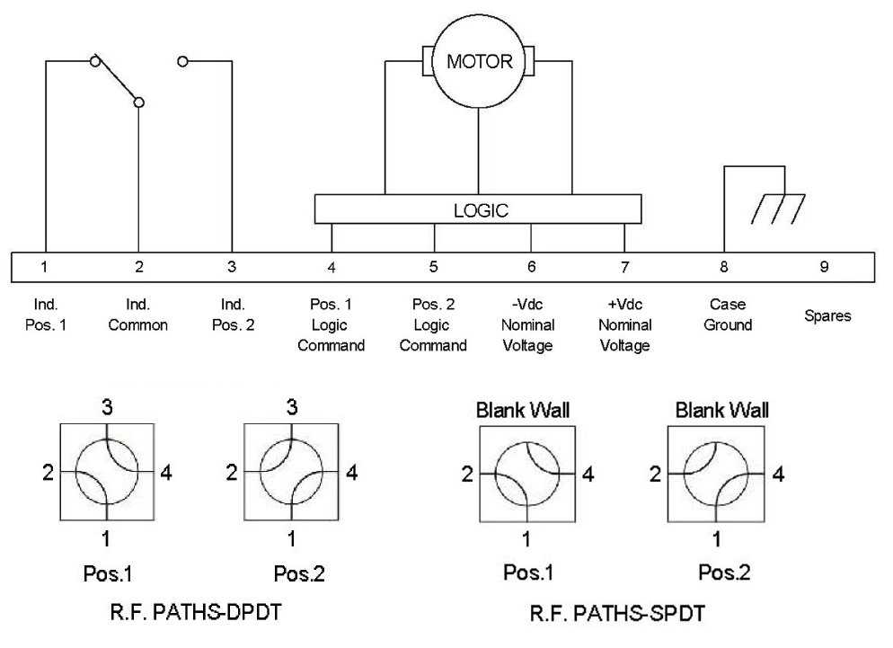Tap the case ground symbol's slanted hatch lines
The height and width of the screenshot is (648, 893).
click(x=778, y=209)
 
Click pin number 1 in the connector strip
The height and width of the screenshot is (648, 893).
click(x=44, y=267)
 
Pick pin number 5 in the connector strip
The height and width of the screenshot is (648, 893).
click(x=433, y=267)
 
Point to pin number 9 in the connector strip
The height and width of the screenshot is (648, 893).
click(x=824, y=267)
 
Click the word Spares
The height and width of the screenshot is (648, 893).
click(x=827, y=315)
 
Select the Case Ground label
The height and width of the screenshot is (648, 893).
click(x=728, y=315)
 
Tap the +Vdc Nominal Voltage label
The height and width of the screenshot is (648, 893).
click(x=625, y=324)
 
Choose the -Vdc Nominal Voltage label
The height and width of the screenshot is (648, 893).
click(x=528, y=324)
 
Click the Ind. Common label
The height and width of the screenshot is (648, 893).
click(x=137, y=315)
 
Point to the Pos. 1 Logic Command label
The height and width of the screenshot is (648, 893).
click(x=331, y=324)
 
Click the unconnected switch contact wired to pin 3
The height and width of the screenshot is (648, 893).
click(x=182, y=61)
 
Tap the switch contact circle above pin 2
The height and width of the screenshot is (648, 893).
click(x=138, y=102)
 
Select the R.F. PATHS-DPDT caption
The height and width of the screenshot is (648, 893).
click(x=195, y=612)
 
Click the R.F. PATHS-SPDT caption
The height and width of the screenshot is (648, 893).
click(x=617, y=613)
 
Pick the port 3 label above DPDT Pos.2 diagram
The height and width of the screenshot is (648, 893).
click(x=292, y=407)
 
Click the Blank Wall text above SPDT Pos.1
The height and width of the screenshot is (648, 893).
click(x=523, y=411)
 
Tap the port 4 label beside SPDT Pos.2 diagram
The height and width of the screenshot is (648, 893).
click(x=778, y=475)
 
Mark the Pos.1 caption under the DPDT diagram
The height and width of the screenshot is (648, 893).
click(x=108, y=573)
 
